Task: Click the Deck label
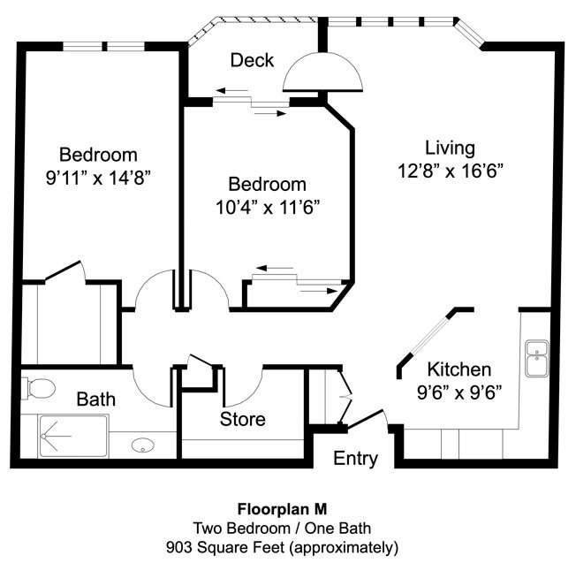click(x=252, y=60)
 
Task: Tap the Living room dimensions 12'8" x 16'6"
click(x=451, y=171)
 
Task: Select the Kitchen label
click(x=459, y=369)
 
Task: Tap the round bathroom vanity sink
click(x=143, y=446)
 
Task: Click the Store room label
click(x=242, y=419)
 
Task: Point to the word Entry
click(x=356, y=459)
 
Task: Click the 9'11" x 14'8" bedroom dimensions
click(x=98, y=177)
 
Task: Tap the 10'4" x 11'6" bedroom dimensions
click(x=267, y=208)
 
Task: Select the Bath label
click(x=95, y=399)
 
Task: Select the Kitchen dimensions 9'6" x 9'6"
click(x=459, y=392)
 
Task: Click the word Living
click(x=451, y=148)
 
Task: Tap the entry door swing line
click(x=364, y=420)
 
